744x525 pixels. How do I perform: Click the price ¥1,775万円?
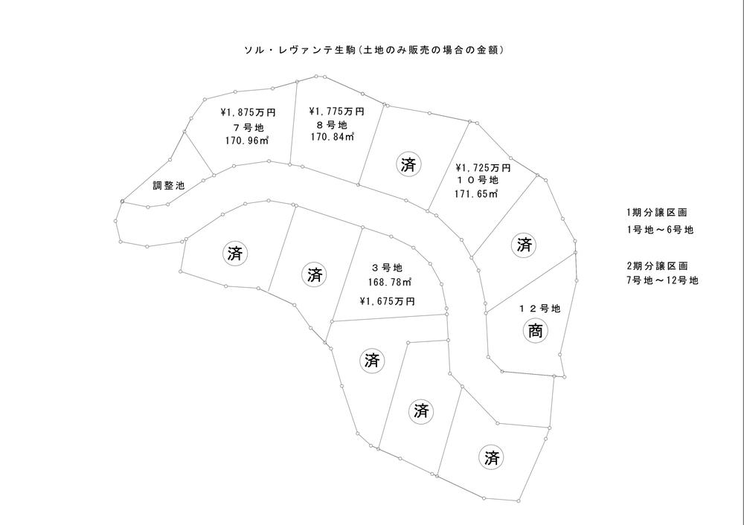click(x=336, y=111)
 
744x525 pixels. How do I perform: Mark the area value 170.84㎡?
click(x=333, y=138)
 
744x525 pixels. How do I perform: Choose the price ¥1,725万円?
click(x=483, y=168)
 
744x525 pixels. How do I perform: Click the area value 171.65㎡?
click(x=476, y=195)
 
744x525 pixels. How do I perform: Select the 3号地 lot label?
click(x=387, y=268)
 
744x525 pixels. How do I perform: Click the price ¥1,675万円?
click(x=387, y=301)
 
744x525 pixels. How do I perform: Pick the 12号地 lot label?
click(x=539, y=307)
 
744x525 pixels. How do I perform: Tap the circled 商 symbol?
click(x=535, y=332)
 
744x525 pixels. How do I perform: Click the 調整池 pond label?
click(x=168, y=185)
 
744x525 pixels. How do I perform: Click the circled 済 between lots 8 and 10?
click(x=408, y=164)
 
